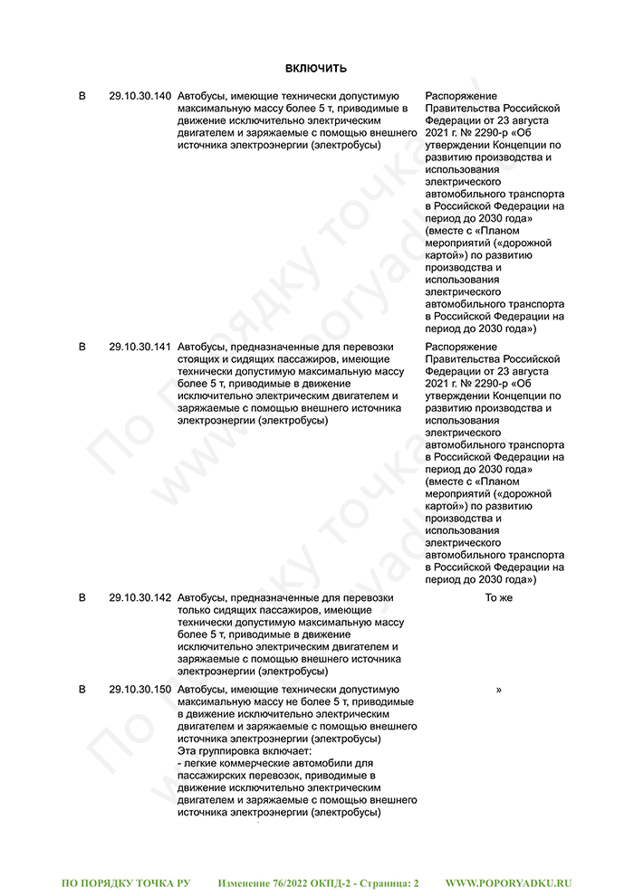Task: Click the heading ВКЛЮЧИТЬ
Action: pyautogui.click(x=316, y=69)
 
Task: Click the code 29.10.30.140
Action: pyautogui.click(x=139, y=96)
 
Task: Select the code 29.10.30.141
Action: pyautogui.click(x=139, y=347)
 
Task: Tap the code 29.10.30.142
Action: pyautogui.click(x=139, y=598)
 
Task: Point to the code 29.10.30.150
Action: pyautogui.click(x=139, y=690)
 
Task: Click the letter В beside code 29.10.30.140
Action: pyautogui.click(x=82, y=96)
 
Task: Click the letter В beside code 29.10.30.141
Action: pyautogui.click(x=82, y=347)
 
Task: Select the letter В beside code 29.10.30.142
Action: pyautogui.click(x=82, y=598)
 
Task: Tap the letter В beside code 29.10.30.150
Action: pyautogui.click(x=82, y=690)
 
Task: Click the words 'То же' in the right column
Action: pyautogui.click(x=498, y=598)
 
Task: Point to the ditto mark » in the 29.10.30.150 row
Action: pyautogui.click(x=499, y=690)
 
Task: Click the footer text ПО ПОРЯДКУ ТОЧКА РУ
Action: pyautogui.click(x=126, y=881)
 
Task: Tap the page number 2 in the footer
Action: pyautogui.click(x=416, y=881)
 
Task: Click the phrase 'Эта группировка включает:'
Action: pyautogui.click(x=245, y=751)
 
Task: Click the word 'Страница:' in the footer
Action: pyautogui.click(x=382, y=881)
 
